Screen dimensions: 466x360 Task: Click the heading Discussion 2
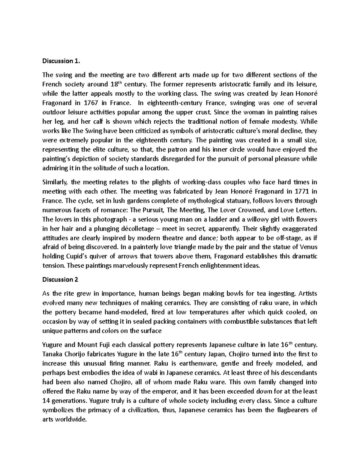point(60,279)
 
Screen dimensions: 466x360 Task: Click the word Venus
point(309,247)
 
